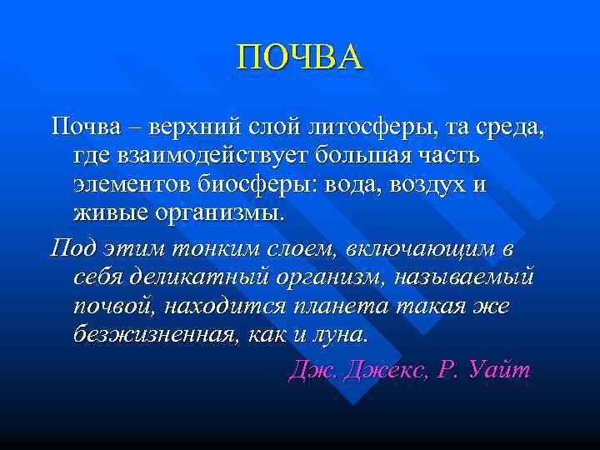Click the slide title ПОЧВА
[x=300, y=58]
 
